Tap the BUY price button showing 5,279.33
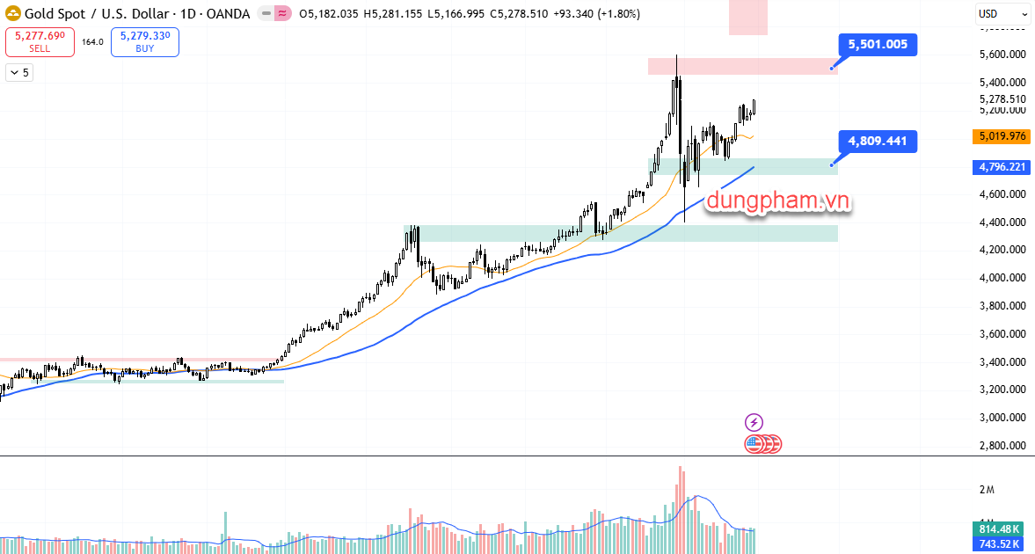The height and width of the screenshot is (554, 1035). click(145, 41)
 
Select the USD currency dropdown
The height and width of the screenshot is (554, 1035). click(1002, 14)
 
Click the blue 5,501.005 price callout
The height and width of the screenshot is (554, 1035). click(878, 44)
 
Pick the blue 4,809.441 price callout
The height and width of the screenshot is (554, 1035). click(878, 141)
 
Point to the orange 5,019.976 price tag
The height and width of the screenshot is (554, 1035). click(1002, 136)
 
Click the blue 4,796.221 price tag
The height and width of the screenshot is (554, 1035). click(1002, 167)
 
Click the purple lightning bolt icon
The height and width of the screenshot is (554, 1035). click(754, 423)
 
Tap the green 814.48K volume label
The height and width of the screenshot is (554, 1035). click(1000, 529)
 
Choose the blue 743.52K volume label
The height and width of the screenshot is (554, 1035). click(1000, 544)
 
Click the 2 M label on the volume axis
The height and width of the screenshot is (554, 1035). click(986, 489)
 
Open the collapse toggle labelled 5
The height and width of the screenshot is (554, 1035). click(19, 73)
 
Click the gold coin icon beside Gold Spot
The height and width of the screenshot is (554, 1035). click(11, 14)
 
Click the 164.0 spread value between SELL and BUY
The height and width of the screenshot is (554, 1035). click(92, 41)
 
